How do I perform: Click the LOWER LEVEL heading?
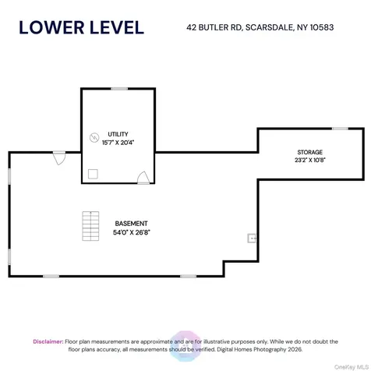click(x=81, y=27)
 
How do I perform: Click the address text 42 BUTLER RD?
click(x=214, y=27)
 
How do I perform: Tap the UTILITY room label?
click(x=118, y=134)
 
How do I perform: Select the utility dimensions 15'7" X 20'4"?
click(x=118, y=143)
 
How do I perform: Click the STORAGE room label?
click(x=310, y=152)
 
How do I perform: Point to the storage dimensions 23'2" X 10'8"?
click(x=310, y=160)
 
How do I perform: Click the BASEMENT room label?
click(x=131, y=224)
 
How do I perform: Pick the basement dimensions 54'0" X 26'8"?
click(x=132, y=232)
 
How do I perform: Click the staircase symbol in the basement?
click(x=90, y=226)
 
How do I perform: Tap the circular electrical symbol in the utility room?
click(x=94, y=137)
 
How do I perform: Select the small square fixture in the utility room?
click(x=93, y=174)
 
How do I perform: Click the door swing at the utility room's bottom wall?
click(x=143, y=178)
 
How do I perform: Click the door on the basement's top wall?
click(x=59, y=158)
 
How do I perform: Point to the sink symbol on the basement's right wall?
click(x=252, y=238)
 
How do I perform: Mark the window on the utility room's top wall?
click(x=119, y=89)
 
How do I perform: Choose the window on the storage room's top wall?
click(x=340, y=129)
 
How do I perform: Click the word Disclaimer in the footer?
click(x=48, y=341)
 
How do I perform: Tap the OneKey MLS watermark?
click(x=352, y=367)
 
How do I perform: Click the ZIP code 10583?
click(x=322, y=27)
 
